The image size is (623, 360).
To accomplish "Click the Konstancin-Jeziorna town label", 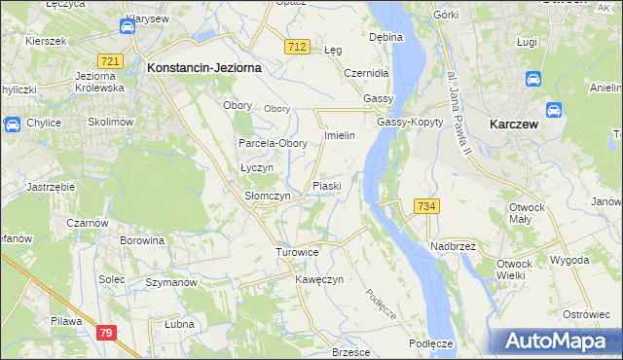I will click(x=202, y=68).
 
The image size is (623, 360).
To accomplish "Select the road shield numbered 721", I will click(x=110, y=61).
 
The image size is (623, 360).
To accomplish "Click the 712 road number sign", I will click(x=299, y=46).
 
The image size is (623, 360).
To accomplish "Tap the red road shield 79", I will click(x=107, y=333).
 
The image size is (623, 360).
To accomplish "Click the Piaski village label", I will click(x=325, y=185).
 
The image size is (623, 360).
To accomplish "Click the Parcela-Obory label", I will click(x=274, y=143).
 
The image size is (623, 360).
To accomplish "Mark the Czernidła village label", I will click(x=367, y=73).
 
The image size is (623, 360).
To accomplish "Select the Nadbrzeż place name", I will click(x=452, y=245).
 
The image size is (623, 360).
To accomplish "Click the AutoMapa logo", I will click(x=556, y=342).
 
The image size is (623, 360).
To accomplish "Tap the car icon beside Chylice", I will click(x=13, y=124).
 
